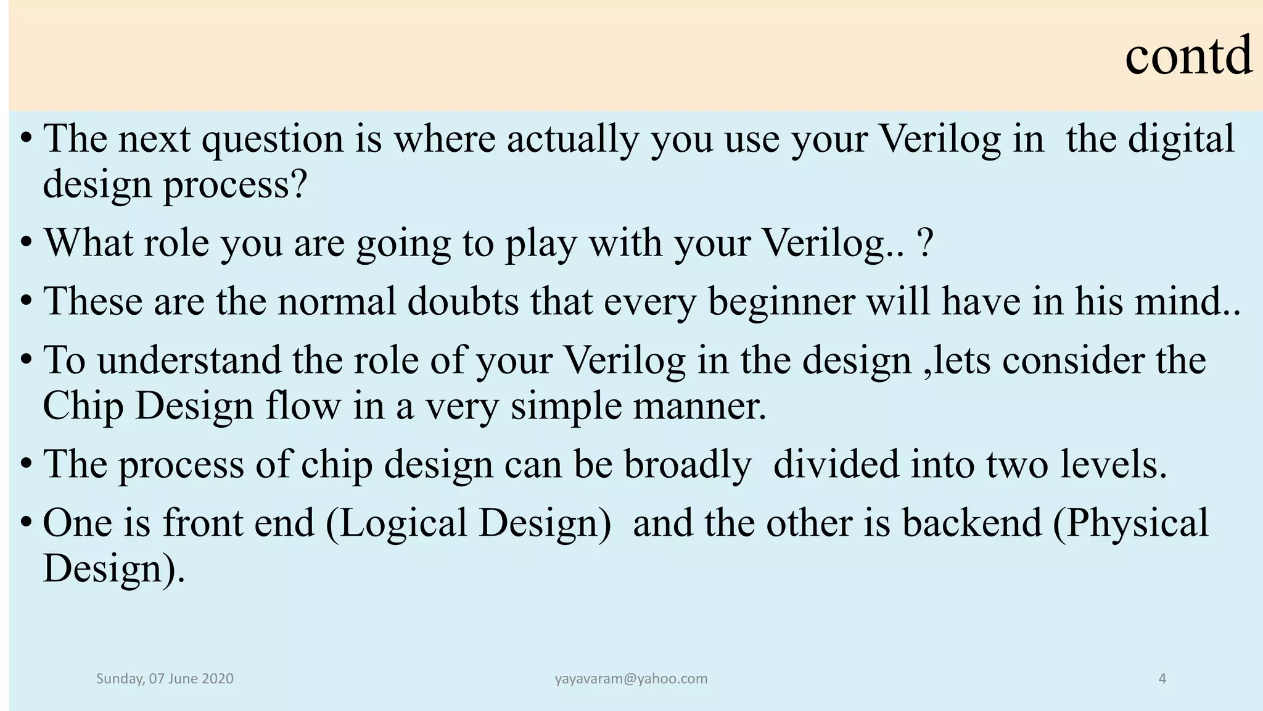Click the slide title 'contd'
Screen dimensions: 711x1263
(x=1188, y=56)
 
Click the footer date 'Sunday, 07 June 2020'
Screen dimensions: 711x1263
(x=165, y=679)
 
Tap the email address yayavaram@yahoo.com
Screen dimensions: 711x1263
(x=631, y=679)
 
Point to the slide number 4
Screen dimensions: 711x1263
(x=1162, y=679)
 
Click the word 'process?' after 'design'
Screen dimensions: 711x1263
(x=234, y=185)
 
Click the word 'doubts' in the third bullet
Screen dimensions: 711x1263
(x=463, y=301)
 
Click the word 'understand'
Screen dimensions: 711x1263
(x=189, y=360)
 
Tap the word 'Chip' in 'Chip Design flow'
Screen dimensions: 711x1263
(x=83, y=407)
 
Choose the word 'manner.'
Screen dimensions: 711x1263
(x=699, y=407)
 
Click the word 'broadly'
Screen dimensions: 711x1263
(x=688, y=465)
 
